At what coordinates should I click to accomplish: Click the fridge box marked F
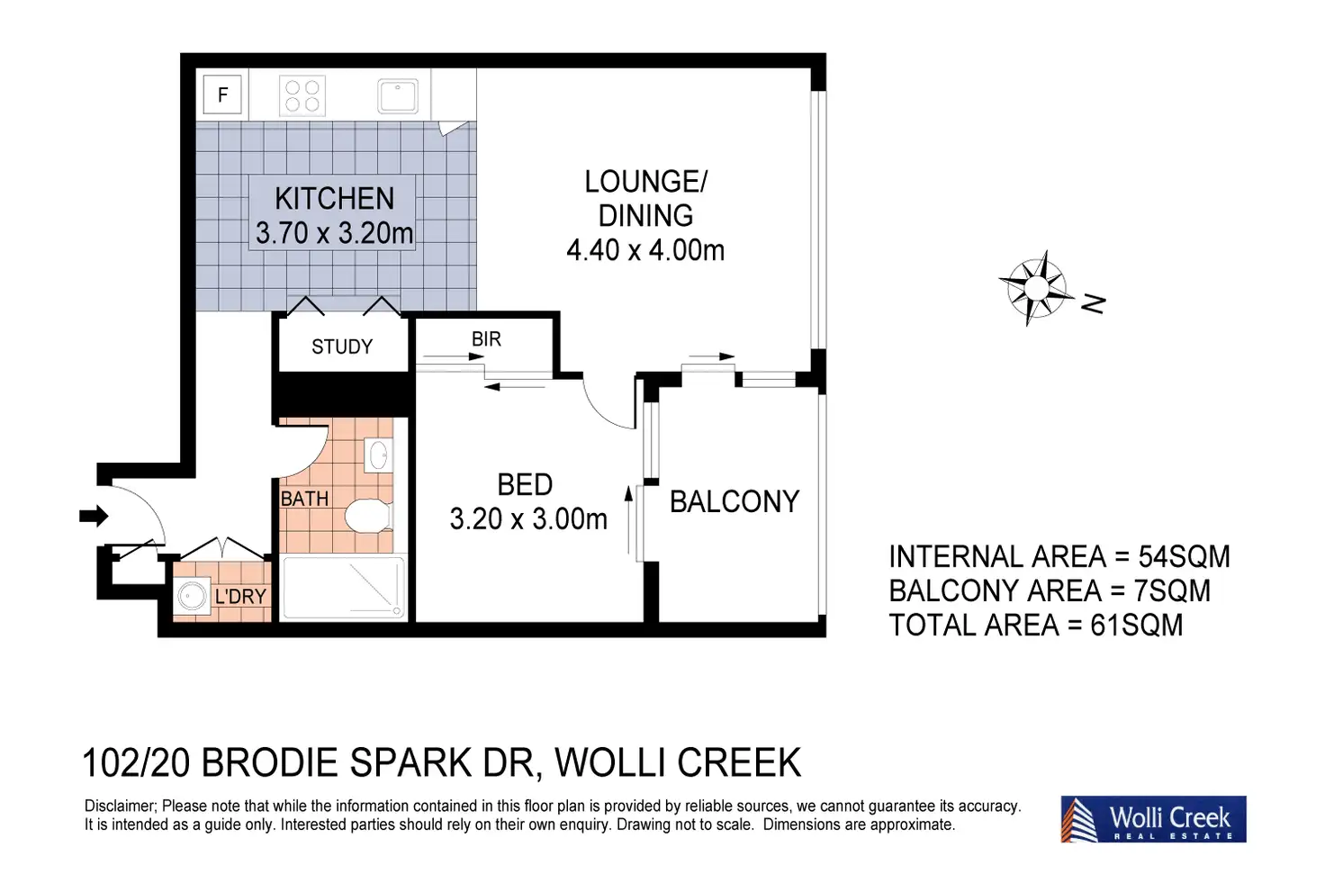click(222, 94)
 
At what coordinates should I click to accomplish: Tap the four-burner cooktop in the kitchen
click(302, 95)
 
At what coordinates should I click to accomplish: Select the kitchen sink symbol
click(398, 96)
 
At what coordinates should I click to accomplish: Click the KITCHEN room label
click(334, 199)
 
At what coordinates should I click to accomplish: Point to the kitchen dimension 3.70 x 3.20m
click(334, 233)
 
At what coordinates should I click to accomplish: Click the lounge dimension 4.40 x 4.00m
click(645, 250)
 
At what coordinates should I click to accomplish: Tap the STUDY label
click(342, 347)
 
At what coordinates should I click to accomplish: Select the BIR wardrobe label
click(486, 338)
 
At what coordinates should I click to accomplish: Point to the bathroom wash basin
click(378, 455)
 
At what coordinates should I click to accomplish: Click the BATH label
click(304, 499)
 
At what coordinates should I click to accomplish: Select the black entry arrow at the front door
click(94, 517)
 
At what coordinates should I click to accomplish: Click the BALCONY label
click(735, 501)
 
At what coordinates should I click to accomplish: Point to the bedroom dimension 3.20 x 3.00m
click(528, 519)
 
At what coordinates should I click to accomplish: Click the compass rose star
click(1036, 288)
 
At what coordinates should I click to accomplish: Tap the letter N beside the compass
click(1093, 303)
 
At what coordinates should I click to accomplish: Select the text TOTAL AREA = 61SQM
click(1036, 626)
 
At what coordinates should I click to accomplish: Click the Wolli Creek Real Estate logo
click(1153, 818)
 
